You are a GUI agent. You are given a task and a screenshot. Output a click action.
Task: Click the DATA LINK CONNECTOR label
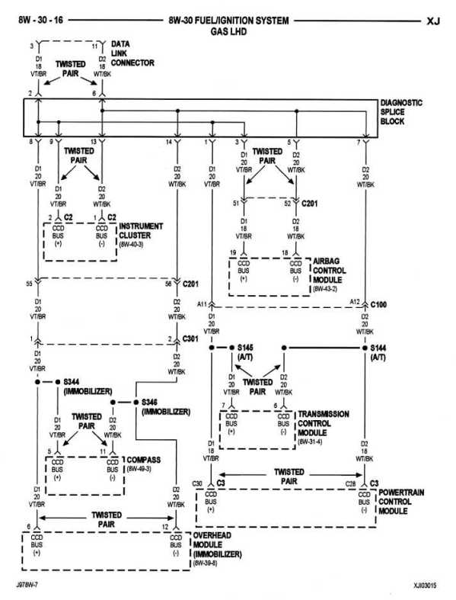[133, 53]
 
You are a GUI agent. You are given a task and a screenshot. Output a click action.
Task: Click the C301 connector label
[192, 339]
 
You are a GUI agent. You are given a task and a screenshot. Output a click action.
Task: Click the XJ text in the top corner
[431, 21]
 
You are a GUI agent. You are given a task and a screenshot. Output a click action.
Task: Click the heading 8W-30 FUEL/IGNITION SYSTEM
[228, 21]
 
